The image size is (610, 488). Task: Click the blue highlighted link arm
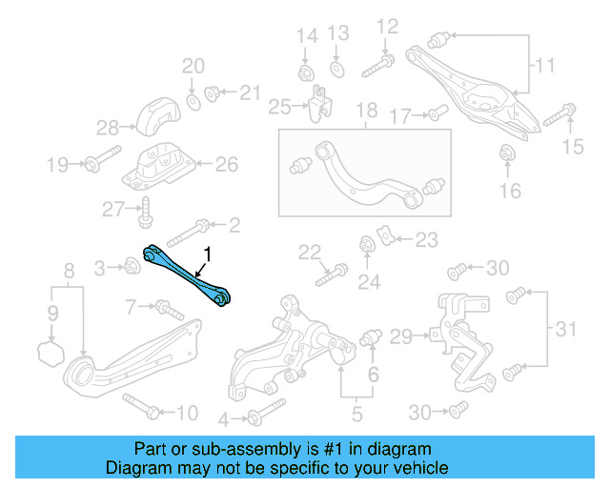point(185,274)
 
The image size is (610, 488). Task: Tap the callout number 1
point(205,254)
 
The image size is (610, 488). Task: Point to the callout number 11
point(543,66)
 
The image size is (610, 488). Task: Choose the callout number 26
point(226,164)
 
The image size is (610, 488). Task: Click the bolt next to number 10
point(139,406)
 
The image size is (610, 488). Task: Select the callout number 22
point(308,252)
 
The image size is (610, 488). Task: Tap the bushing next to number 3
point(133,271)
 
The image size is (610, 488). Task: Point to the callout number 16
point(510,191)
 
